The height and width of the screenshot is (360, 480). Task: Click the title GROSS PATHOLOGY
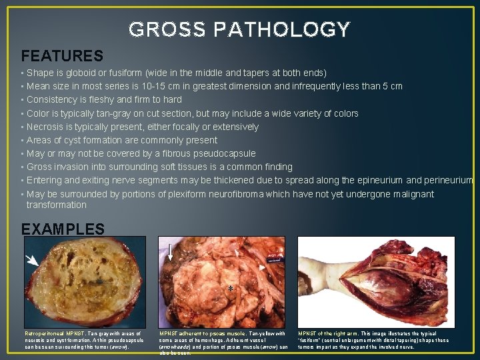click(239, 29)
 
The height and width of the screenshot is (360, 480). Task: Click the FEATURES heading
click(62, 56)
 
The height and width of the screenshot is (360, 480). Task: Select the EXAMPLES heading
click(63, 229)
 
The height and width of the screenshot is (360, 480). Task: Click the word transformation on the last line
click(57, 205)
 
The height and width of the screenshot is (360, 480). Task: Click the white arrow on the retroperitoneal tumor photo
click(32, 261)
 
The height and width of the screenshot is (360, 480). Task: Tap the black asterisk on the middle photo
click(229, 289)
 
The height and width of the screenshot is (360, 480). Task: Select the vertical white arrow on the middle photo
click(171, 253)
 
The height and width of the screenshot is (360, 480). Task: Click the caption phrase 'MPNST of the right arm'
click(330, 333)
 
